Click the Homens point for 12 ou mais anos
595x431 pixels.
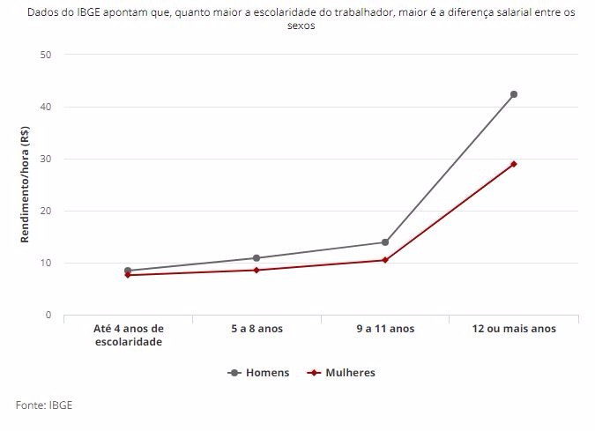click(x=514, y=94)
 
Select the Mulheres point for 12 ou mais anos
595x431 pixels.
click(x=514, y=164)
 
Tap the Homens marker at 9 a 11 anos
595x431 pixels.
click(x=385, y=242)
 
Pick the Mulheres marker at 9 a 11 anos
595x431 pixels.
click(x=385, y=260)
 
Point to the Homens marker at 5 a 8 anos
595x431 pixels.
click(x=257, y=258)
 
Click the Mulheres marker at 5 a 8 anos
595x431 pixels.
click(x=257, y=270)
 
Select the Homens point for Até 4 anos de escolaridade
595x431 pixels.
click(x=128, y=271)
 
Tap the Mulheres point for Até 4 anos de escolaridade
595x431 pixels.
click(x=128, y=275)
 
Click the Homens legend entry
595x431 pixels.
click(x=258, y=373)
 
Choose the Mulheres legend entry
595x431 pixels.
click(x=341, y=373)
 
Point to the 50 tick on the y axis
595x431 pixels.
click(x=46, y=55)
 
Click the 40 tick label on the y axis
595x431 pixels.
click(x=46, y=107)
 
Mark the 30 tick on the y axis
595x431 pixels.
click(x=46, y=159)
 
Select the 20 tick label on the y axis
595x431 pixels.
click(x=46, y=211)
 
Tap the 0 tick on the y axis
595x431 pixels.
click(x=48, y=315)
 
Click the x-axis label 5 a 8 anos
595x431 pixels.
click(x=257, y=329)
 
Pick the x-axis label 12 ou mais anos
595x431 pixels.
click(x=514, y=329)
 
